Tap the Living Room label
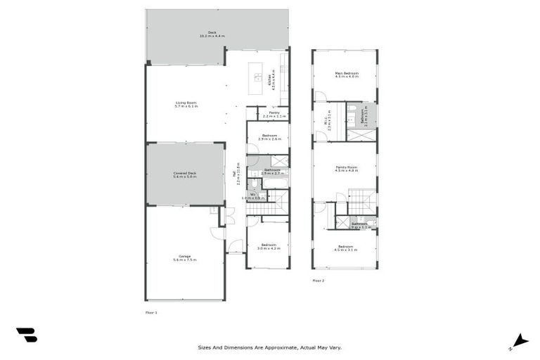[x=186, y=105]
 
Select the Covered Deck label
[x=184, y=175]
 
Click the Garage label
[x=184, y=258]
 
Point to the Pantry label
[x=274, y=114]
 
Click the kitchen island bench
[x=257, y=77]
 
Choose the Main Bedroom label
[x=347, y=75]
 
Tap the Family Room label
[x=347, y=169]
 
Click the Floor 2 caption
[x=319, y=280]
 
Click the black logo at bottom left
[x=26, y=335]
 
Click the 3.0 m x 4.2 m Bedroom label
[x=269, y=247]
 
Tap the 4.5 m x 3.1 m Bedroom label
[x=345, y=247]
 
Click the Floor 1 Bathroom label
[x=272, y=171]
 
